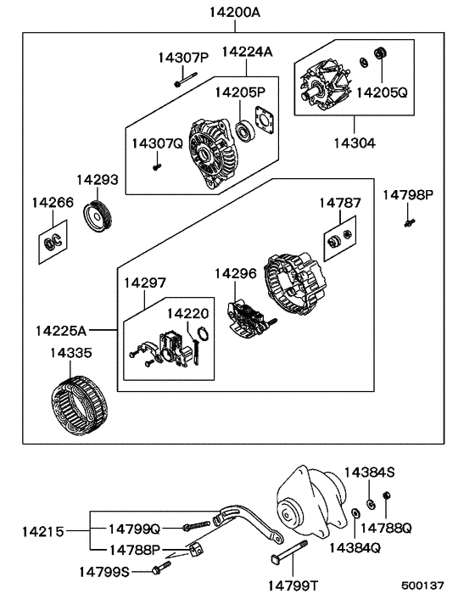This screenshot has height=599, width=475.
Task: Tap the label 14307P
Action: click(x=182, y=58)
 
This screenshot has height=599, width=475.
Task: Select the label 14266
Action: click(x=53, y=203)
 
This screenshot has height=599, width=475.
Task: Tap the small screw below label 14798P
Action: click(x=408, y=222)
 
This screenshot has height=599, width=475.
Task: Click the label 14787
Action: click(x=340, y=204)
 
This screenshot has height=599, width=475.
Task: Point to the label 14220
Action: click(x=185, y=313)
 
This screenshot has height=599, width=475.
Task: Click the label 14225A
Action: click(x=63, y=328)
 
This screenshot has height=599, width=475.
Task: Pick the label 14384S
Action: click(x=369, y=472)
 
